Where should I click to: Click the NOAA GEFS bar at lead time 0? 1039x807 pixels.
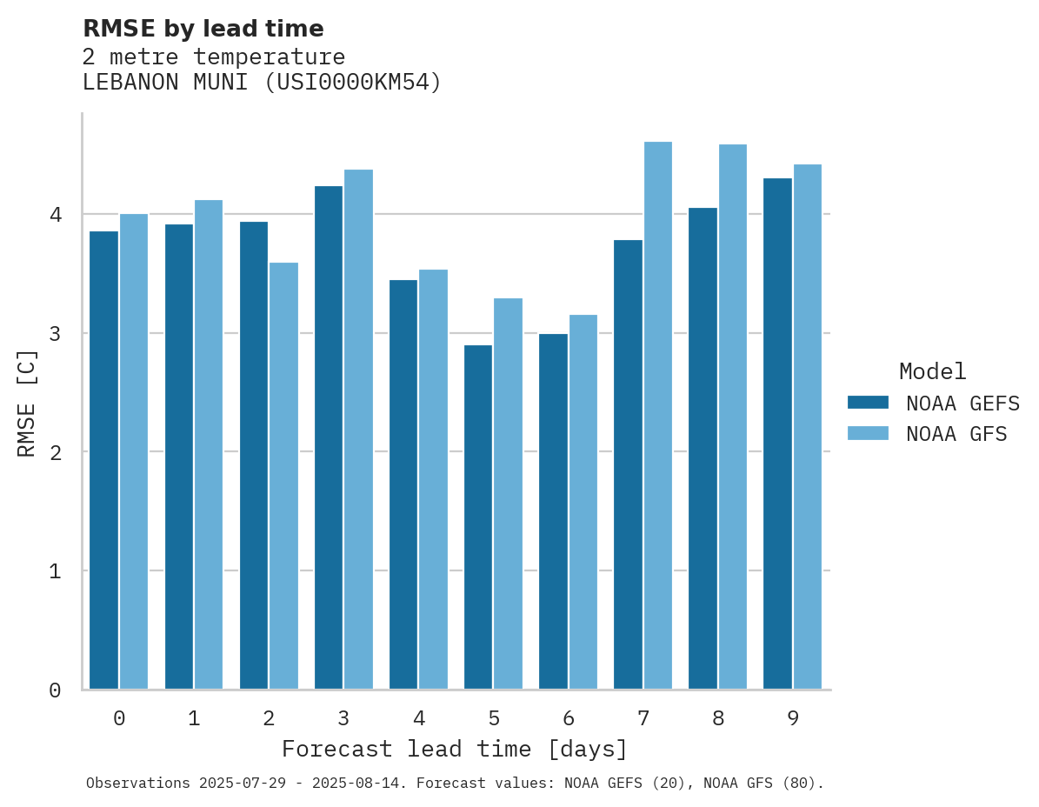click(103, 460)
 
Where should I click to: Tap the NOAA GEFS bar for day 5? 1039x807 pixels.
click(478, 517)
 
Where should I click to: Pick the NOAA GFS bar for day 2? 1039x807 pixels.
click(283, 476)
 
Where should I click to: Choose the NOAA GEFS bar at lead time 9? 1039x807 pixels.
click(777, 434)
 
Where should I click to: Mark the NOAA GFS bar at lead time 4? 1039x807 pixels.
click(433, 479)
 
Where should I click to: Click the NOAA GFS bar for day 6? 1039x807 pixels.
click(583, 502)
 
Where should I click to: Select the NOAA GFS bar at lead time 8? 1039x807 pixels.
click(732, 417)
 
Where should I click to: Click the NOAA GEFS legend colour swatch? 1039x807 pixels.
click(868, 403)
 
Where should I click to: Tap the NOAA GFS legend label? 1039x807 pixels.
click(956, 434)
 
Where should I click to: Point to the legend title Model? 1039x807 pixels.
click(932, 372)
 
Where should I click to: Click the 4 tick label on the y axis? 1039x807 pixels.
click(54, 215)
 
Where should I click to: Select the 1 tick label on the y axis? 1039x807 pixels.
click(54, 571)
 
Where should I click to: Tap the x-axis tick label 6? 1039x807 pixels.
click(569, 719)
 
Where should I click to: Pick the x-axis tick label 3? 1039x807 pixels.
click(343, 719)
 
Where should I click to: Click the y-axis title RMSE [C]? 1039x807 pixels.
click(28, 403)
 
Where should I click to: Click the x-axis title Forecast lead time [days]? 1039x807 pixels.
click(455, 749)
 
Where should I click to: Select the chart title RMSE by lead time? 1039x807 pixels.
click(203, 29)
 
